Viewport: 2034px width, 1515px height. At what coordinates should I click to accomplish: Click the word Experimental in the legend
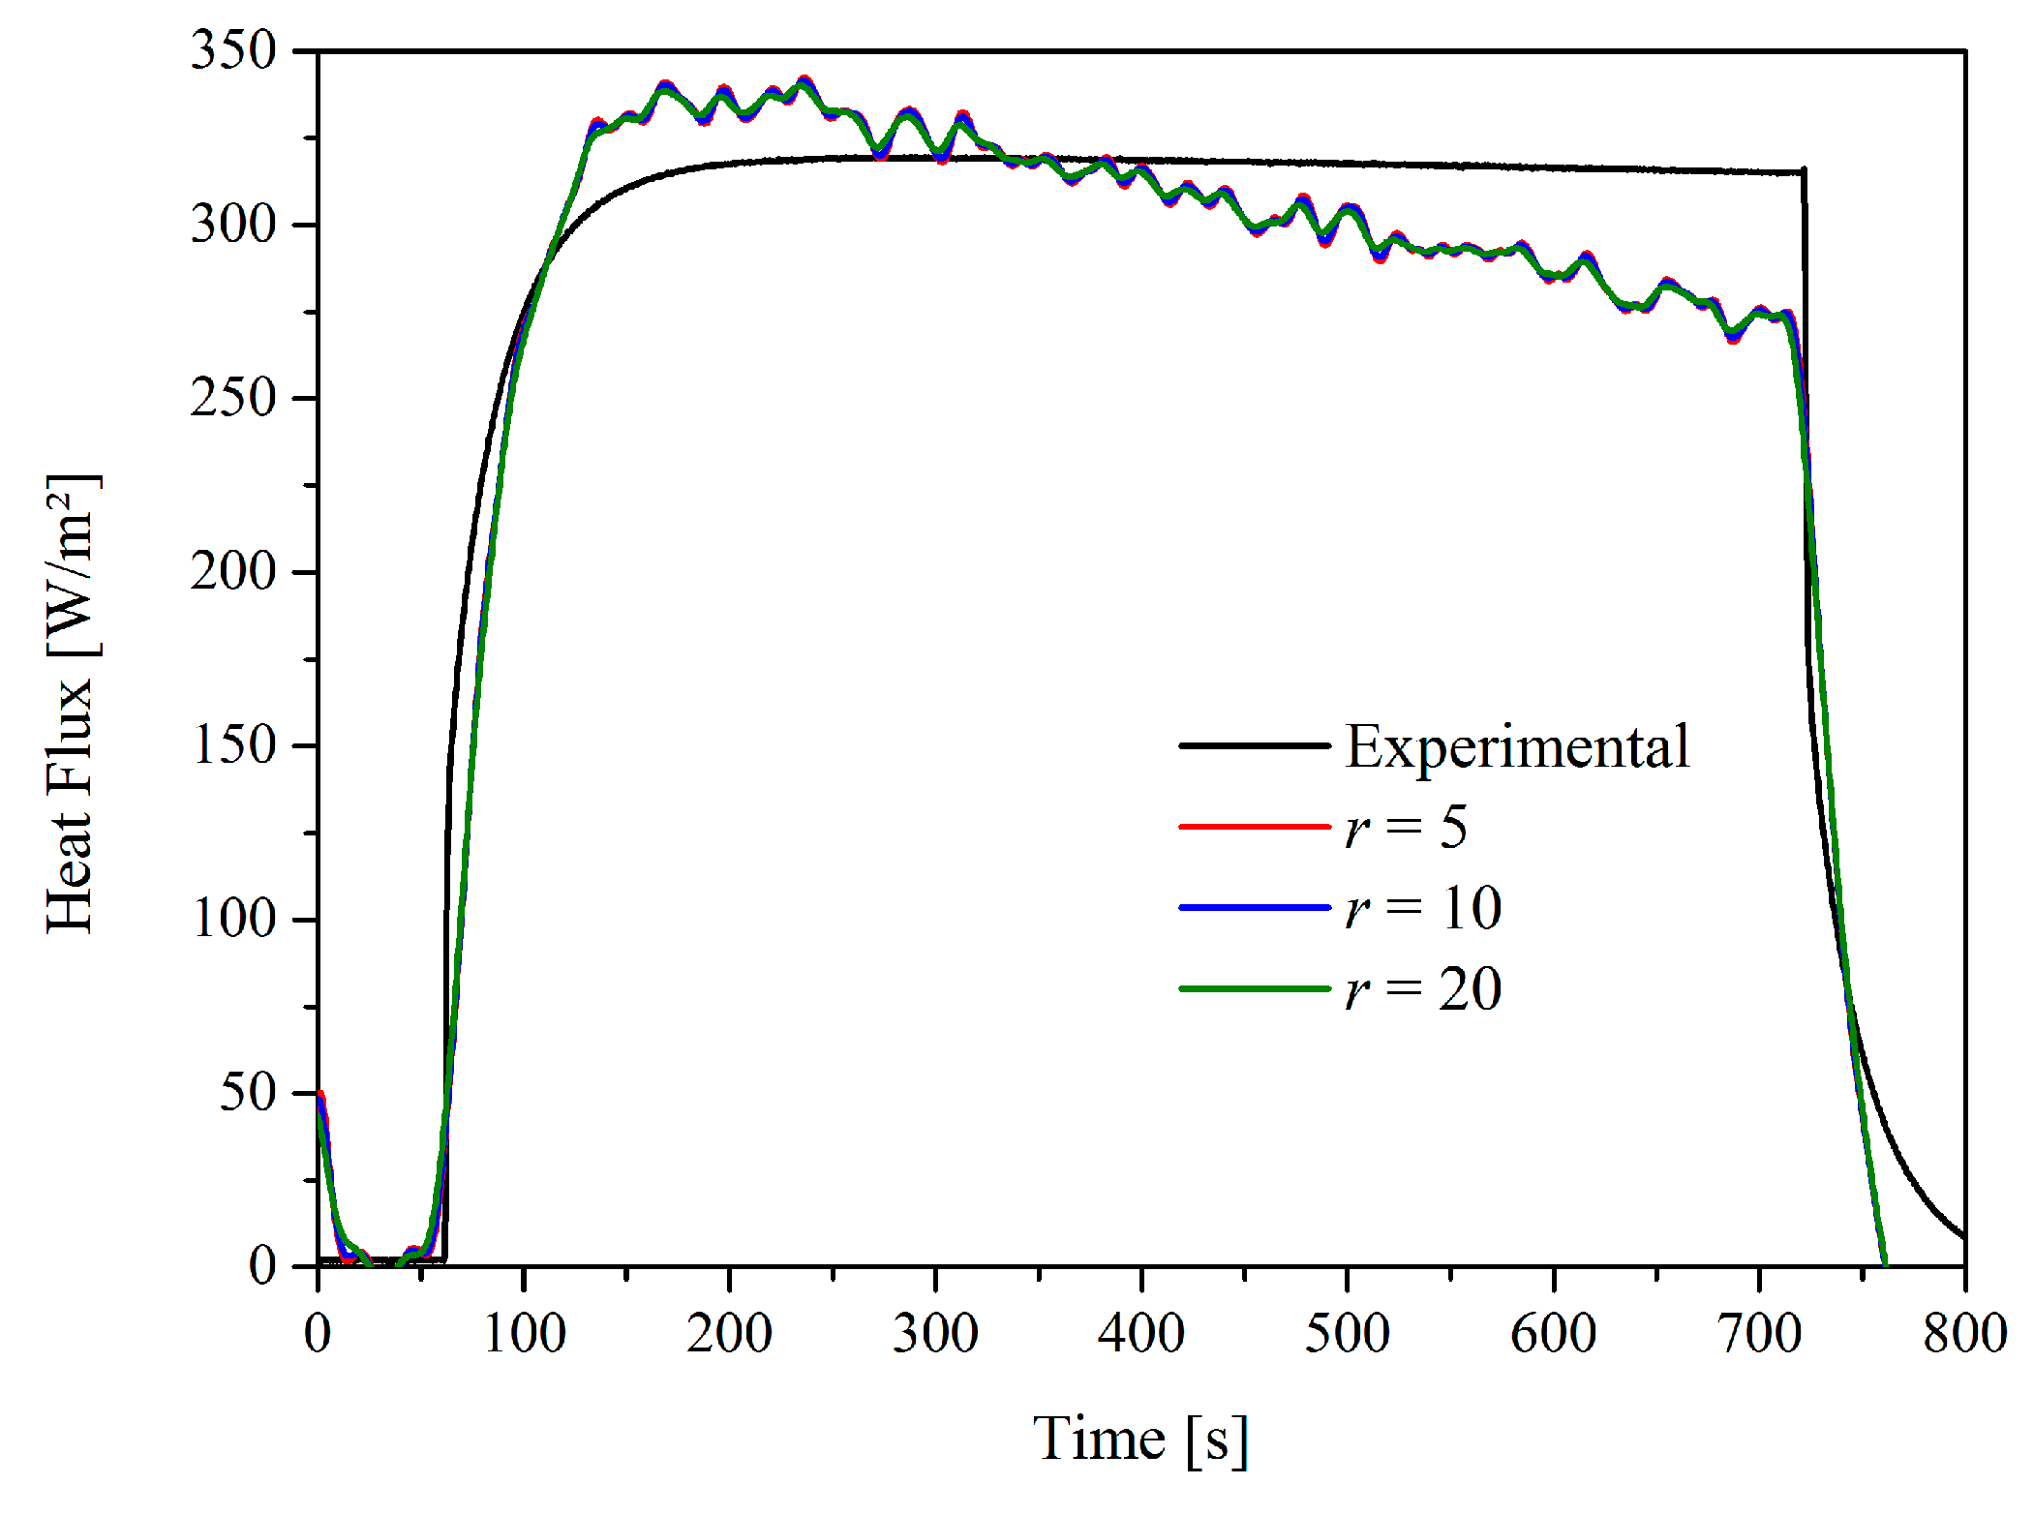(1517, 746)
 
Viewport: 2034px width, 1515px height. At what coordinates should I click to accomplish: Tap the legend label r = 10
(1422, 908)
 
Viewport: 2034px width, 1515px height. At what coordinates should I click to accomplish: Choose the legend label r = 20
(1422, 989)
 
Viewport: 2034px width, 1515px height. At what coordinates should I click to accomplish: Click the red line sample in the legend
(1255, 827)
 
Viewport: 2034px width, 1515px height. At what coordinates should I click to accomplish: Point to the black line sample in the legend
(1255, 745)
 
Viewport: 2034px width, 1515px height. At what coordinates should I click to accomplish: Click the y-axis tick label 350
(233, 50)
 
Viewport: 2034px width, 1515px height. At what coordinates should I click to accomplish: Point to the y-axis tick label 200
(233, 571)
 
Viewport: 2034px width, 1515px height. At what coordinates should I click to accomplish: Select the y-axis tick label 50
(248, 1092)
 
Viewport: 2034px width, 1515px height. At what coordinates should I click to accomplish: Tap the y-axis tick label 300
(233, 225)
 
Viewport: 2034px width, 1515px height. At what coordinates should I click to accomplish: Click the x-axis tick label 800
(1964, 1333)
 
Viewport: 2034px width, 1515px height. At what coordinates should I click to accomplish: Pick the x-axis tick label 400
(1140, 1333)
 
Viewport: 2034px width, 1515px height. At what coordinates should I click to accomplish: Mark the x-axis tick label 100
(524, 1333)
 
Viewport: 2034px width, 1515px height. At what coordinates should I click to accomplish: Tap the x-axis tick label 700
(1759, 1333)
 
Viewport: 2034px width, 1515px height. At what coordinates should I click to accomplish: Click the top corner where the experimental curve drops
(1803, 172)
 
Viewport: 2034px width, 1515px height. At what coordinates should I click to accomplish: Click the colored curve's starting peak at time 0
(320, 1094)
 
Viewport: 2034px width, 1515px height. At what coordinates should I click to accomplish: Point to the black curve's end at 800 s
(1963, 1236)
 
